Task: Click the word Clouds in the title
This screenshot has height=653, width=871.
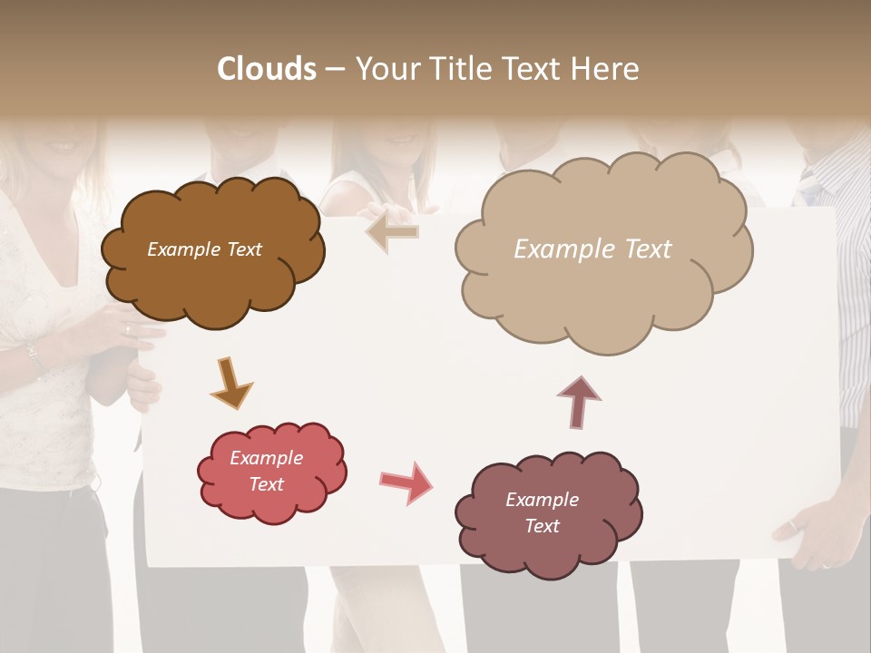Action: point(267,69)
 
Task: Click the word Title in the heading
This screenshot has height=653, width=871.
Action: point(463,69)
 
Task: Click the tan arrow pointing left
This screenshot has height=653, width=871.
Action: point(393,231)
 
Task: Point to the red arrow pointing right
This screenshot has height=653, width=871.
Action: point(406,482)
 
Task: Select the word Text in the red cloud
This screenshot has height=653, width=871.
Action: point(267,484)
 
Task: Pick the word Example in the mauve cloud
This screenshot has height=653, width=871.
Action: point(542,500)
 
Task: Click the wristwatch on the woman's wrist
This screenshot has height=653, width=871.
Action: point(34,358)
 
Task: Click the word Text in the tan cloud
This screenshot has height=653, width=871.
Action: point(648,249)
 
